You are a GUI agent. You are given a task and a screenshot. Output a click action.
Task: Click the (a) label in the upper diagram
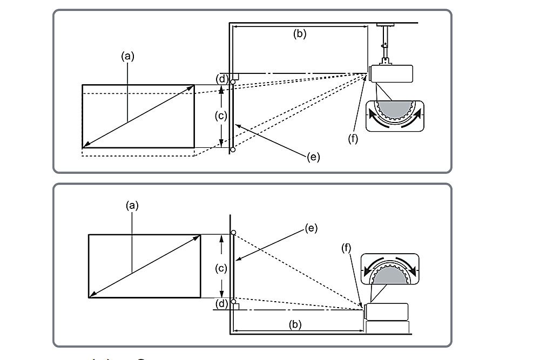127,55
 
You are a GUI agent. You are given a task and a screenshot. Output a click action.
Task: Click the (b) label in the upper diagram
299,33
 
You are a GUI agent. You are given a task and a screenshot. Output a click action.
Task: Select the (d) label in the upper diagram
221,79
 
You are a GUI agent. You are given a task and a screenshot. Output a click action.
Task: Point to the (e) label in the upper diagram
313,157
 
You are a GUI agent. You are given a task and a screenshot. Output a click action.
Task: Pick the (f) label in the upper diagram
353,139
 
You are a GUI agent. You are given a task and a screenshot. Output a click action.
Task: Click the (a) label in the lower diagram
132,205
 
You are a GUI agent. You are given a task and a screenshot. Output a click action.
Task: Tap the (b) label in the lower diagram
295,324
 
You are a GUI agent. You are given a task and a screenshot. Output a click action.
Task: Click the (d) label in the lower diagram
221,303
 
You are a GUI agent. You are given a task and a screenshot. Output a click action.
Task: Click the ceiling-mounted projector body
391,73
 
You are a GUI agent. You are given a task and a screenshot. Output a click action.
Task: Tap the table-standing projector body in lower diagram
387,311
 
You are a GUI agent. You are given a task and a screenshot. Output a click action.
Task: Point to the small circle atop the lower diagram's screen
233,233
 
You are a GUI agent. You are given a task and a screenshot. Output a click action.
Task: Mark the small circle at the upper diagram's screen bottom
233,150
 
